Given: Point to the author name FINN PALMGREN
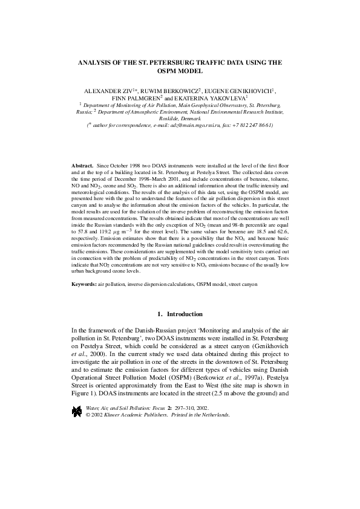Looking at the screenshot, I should (x=136, y=97).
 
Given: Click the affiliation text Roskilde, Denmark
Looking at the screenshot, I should (x=180, y=118).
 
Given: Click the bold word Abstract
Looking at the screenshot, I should (x=82, y=164).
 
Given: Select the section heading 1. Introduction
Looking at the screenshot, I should (x=180, y=314).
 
